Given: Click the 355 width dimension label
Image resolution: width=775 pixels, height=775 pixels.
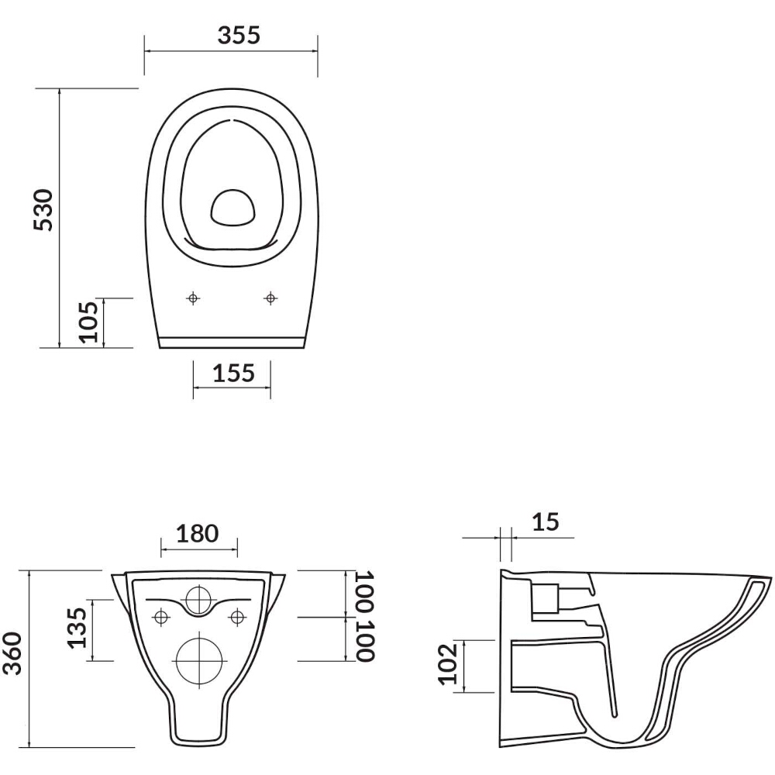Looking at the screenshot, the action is [x=239, y=35].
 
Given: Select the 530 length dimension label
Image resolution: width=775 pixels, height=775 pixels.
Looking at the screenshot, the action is [x=43, y=209].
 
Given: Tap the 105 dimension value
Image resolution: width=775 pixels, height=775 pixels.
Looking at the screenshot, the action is [x=89, y=322].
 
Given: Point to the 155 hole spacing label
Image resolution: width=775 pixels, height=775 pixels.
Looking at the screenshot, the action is [x=233, y=374].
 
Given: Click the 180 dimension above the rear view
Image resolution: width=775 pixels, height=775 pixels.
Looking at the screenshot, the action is [x=197, y=534].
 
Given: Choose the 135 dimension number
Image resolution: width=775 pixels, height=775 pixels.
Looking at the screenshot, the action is [x=77, y=628].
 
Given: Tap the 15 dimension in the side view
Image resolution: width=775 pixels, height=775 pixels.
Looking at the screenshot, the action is [x=545, y=522].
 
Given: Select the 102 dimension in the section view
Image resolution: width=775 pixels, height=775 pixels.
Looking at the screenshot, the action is [x=448, y=664].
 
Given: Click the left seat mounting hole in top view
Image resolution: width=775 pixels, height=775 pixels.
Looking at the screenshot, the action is [x=193, y=298].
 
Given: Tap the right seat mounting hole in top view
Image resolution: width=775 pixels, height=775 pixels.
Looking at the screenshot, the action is [x=270, y=298].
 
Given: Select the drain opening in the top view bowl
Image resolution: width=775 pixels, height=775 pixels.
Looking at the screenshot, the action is [x=233, y=208].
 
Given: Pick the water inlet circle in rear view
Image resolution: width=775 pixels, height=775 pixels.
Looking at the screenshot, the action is [x=199, y=600].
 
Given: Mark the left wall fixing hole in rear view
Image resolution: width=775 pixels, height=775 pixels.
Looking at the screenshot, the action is [x=161, y=618].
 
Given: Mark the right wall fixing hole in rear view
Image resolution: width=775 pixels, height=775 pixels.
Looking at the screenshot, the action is [x=238, y=618].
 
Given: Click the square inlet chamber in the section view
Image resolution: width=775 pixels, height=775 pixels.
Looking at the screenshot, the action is [x=545, y=598].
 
